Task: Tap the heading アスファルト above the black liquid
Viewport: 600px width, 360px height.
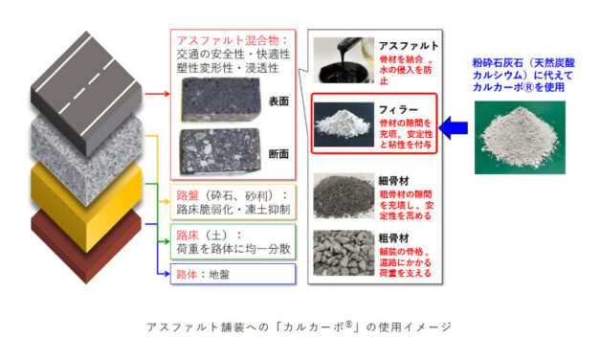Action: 409,46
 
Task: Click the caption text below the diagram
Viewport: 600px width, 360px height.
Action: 300,326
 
